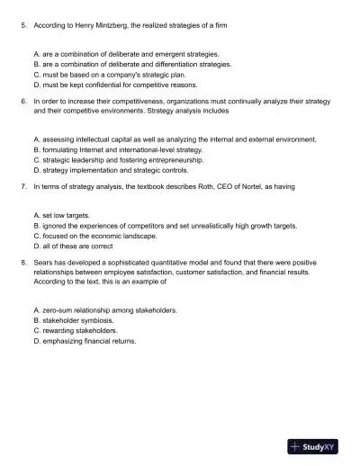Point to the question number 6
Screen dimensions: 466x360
22,103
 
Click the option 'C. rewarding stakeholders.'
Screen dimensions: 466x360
75,330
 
